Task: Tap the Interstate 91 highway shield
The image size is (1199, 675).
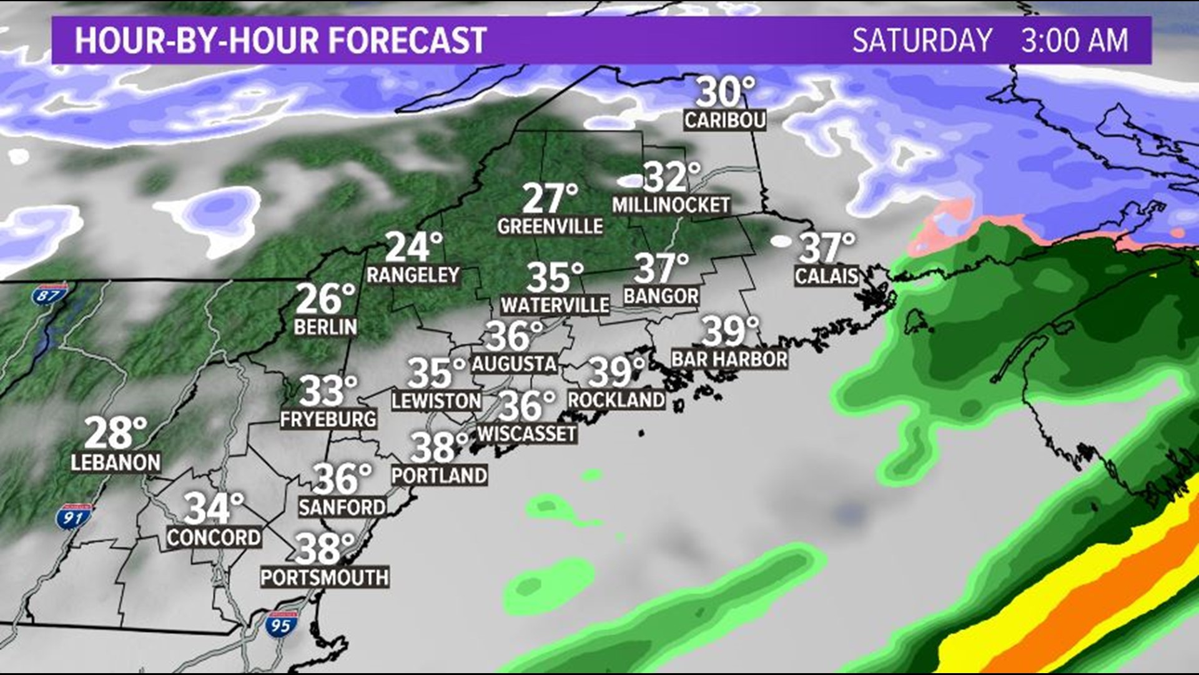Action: [74, 517]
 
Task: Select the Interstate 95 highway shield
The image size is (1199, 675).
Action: [280, 624]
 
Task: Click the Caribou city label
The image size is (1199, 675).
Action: [724, 120]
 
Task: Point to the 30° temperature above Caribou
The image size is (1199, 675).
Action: [725, 92]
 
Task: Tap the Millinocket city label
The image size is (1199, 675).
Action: [671, 205]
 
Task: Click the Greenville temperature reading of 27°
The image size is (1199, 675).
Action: [550, 198]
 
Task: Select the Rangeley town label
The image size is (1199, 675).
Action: [413, 275]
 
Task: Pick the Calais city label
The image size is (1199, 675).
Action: [826, 276]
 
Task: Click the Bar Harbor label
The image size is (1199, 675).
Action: [729, 359]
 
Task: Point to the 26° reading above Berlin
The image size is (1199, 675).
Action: [325, 299]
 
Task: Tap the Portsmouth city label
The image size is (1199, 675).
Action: [325, 577]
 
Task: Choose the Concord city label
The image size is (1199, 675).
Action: [214, 537]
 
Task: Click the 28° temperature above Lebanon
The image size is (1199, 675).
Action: [116, 433]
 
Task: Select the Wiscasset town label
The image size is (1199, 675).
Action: [526, 434]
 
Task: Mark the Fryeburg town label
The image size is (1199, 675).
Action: [328, 419]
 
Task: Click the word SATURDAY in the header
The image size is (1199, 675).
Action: [922, 41]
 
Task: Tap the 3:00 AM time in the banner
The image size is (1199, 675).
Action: [1074, 41]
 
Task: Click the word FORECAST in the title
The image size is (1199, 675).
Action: [407, 41]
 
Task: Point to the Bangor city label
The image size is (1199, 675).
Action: [661, 296]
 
